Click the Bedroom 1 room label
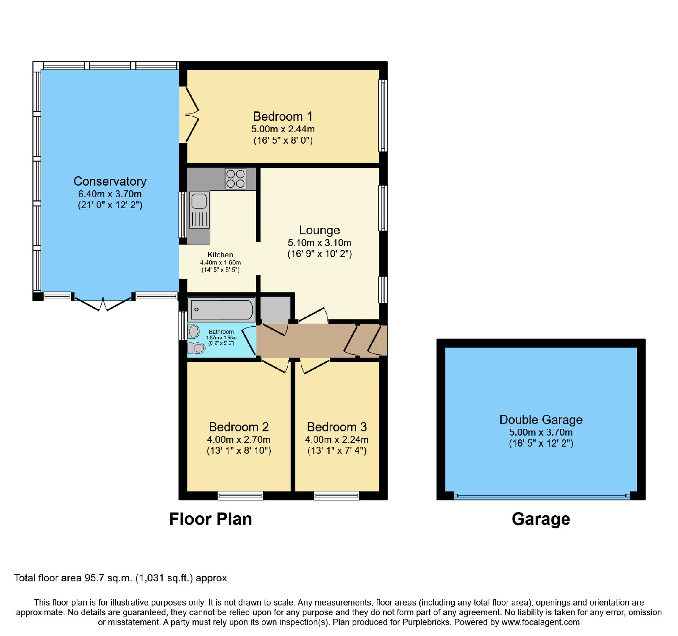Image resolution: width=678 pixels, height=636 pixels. click(283, 117)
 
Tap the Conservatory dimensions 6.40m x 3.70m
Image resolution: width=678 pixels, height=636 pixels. click(110, 194)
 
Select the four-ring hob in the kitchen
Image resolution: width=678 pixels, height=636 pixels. click(236, 179)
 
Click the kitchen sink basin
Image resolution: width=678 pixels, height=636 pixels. click(199, 201)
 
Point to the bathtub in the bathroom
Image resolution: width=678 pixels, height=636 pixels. click(222, 309)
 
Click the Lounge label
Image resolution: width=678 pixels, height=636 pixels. click(320, 230)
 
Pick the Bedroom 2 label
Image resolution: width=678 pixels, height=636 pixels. click(239, 427)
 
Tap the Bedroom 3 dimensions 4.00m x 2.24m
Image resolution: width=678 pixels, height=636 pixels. click(337, 440)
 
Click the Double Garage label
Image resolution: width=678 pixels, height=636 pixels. click(541, 419)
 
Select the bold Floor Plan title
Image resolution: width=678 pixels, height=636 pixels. click(211, 519)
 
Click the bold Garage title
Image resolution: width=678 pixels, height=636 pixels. click(541, 519)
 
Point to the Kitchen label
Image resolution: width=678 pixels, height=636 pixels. click(220, 255)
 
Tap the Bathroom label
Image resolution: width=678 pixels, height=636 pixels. click(221, 332)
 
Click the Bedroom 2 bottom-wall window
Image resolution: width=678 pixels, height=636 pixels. click(240, 495)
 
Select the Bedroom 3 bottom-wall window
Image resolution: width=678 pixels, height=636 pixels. click(336, 495)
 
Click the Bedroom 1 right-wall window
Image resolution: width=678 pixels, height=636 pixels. click(383, 115)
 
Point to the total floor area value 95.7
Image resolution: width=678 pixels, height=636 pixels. click(94, 578)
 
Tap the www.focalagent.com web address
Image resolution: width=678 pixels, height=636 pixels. click(541, 622)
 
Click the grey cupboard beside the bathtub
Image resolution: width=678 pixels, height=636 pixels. click(275, 308)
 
